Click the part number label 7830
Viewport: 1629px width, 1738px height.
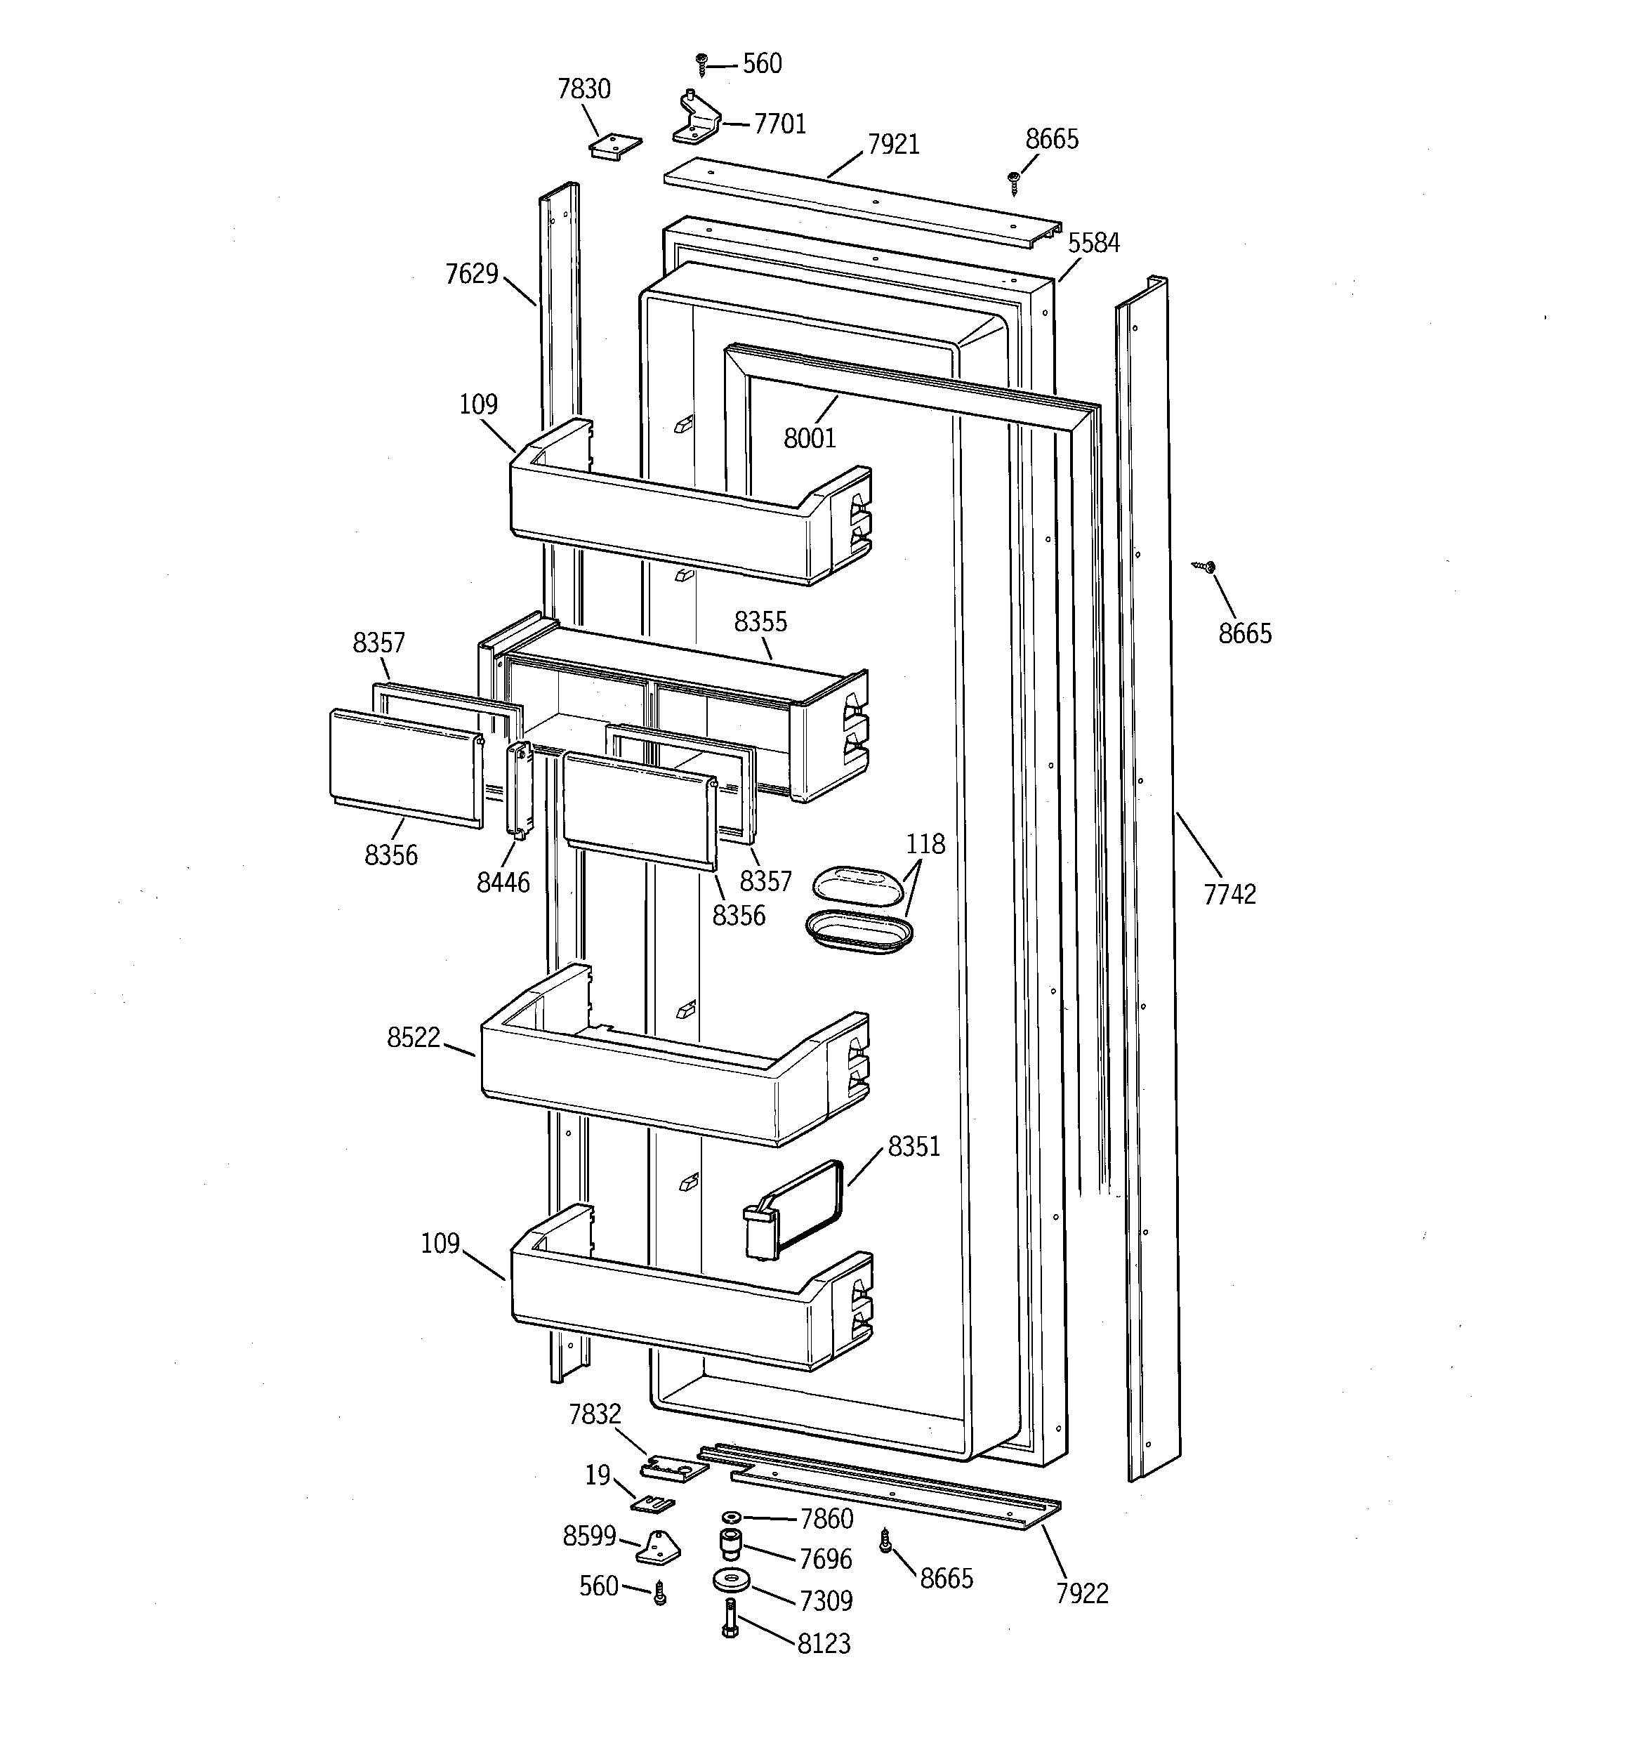584,89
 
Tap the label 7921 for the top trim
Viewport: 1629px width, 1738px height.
894,144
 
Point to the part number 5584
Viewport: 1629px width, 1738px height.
1094,243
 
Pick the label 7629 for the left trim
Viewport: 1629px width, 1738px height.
471,275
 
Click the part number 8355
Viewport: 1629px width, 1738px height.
760,622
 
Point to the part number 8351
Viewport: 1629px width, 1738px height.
914,1146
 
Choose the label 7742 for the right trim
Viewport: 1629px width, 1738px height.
1229,895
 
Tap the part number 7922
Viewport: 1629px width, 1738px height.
1081,1594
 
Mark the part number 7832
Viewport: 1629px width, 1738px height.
595,1414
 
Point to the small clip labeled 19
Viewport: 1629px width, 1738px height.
653,1503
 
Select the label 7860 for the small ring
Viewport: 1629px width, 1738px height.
826,1519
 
